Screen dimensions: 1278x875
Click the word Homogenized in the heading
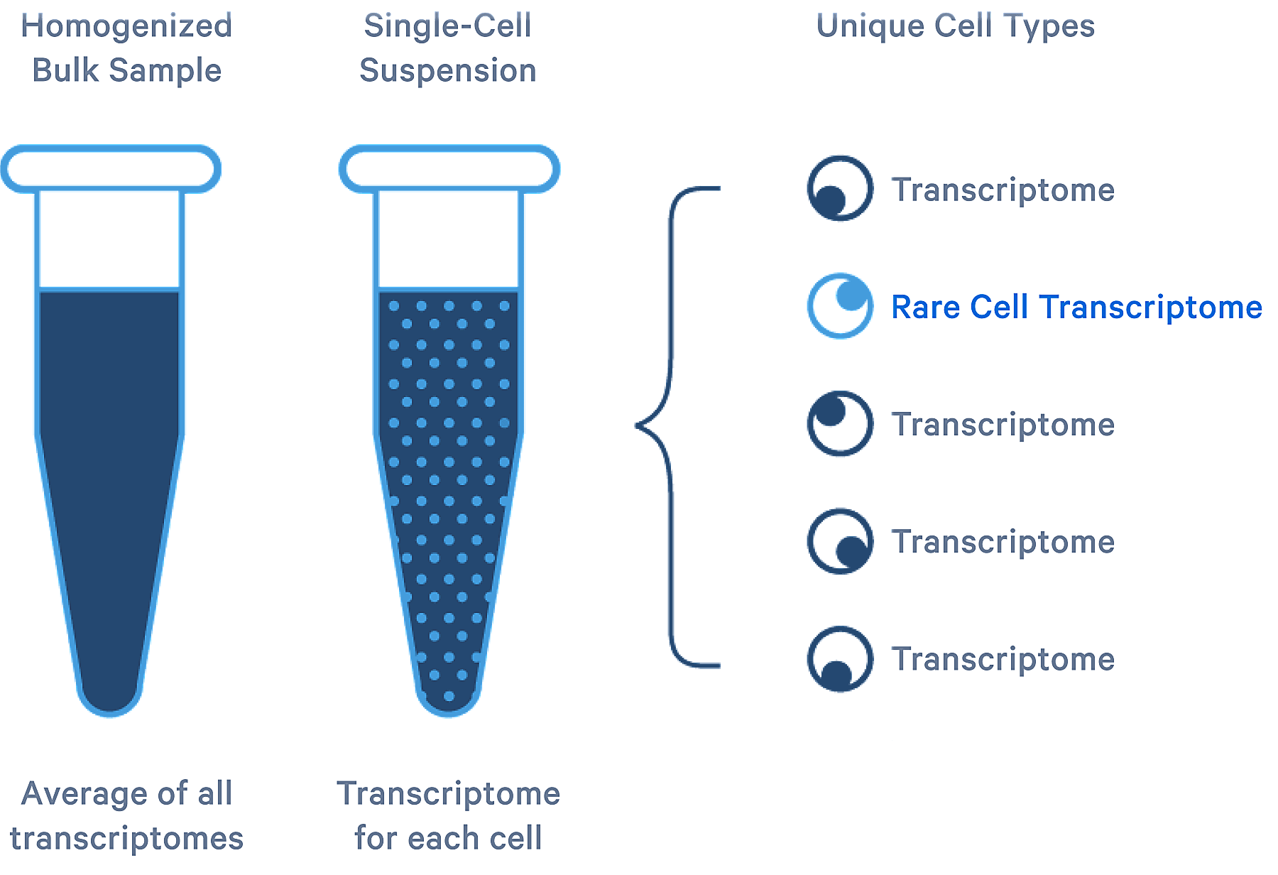tap(126, 27)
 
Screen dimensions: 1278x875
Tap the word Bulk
tap(65, 70)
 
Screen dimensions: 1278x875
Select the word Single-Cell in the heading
tap(447, 26)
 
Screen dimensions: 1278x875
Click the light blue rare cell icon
tap(840, 305)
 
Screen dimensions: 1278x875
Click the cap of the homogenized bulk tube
tap(111, 169)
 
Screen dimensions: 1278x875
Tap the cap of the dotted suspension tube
tap(449, 169)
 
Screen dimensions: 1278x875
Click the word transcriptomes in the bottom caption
tap(126, 839)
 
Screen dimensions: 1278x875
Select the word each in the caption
tap(437, 838)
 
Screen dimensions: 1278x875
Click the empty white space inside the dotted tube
tap(449, 239)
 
